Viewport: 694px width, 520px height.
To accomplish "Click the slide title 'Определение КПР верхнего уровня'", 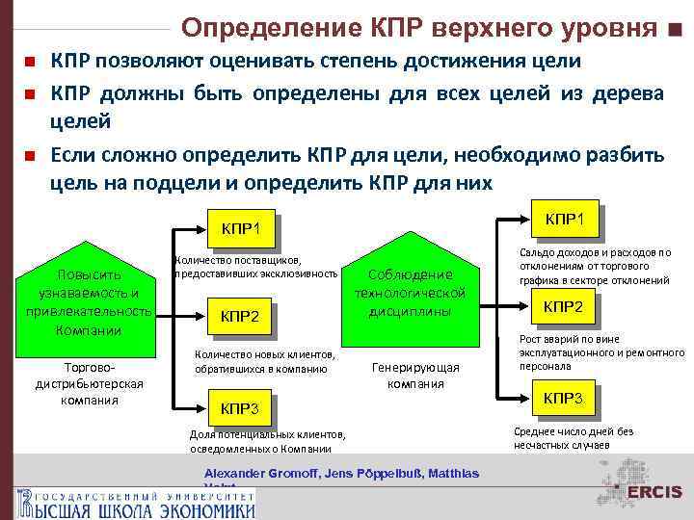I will pos(419,26).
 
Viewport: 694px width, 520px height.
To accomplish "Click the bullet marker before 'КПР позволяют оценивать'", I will pos(30,63).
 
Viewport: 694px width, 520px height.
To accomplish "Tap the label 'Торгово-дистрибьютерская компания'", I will pos(89,383).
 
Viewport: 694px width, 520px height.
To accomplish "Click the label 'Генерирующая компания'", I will pos(415,375).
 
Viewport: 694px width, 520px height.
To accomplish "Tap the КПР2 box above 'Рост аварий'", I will pos(564,306).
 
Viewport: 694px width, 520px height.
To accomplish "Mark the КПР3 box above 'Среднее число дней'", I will pos(564,398).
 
